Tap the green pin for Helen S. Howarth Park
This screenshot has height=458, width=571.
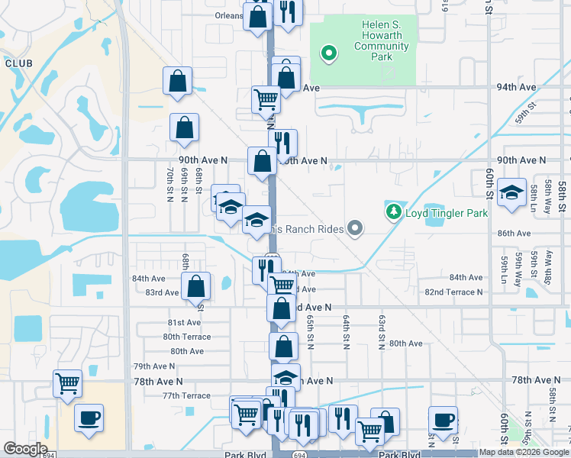pos(329,53)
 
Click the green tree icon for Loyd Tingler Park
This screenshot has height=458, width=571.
pos(394,211)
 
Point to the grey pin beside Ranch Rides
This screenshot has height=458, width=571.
pos(354,227)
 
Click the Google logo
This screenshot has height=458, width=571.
pos(25,449)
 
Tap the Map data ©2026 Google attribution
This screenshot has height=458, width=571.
pos(524,452)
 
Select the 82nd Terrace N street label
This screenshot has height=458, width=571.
pos(453,292)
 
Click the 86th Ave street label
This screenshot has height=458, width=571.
pos(514,233)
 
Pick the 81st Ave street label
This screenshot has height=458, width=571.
pos(184,323)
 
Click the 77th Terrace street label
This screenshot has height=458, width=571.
pos(186,395)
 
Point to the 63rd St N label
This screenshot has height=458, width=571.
pos(381,329)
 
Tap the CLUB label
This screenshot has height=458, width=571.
pos(17,63)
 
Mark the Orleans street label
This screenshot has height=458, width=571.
pos(228,15)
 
